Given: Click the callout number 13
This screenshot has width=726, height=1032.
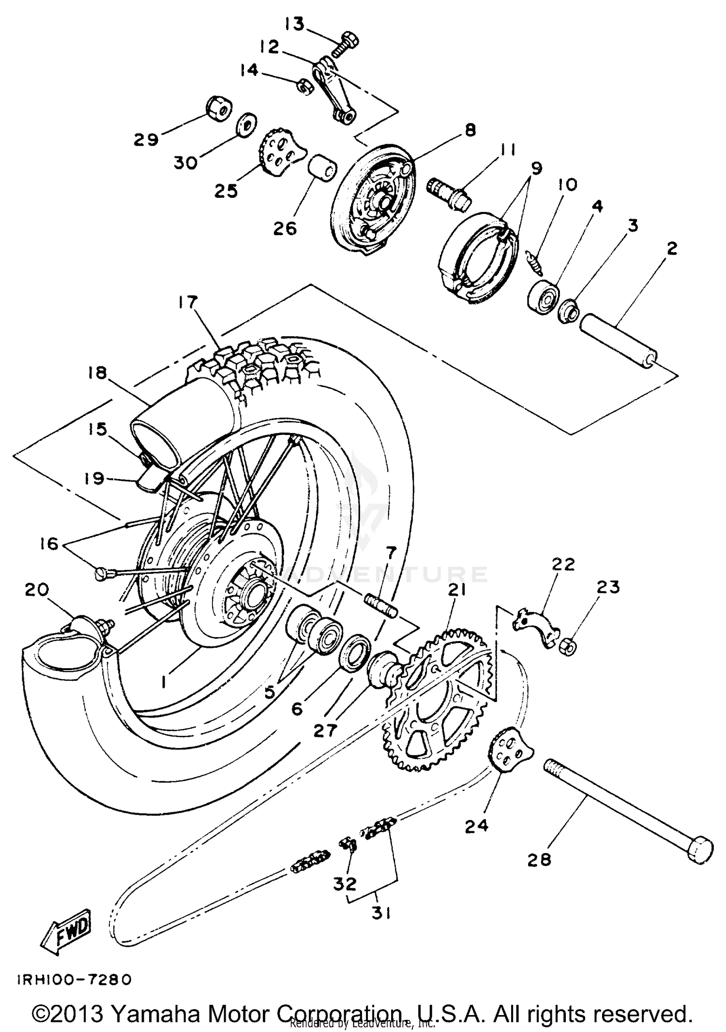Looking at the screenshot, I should [x=294, y=24].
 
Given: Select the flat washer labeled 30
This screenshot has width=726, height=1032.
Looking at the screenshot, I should [x=246, y=126].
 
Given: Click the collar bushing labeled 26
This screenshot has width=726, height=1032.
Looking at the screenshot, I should [x=320, y=168].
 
